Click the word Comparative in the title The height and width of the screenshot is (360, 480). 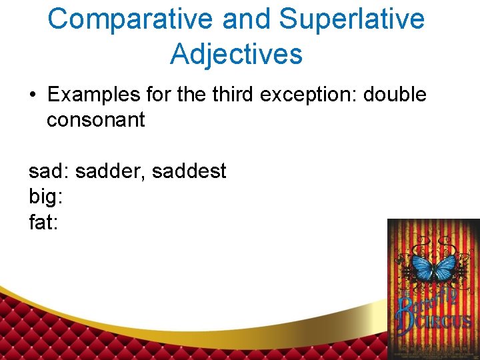coord(131,19)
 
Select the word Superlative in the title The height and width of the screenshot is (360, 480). coord(351,19)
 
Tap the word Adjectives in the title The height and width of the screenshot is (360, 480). coord(236,54)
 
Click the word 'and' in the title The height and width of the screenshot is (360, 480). coord(247,19)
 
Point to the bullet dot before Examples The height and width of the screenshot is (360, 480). coord(33,95)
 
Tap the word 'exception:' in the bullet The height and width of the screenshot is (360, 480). coord(311,95)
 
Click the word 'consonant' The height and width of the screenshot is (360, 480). coord(95,120)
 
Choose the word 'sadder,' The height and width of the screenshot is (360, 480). coord(111,171)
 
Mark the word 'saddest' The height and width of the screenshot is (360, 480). coord(189,171)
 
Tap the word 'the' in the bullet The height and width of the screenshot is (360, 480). coord(191,95)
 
